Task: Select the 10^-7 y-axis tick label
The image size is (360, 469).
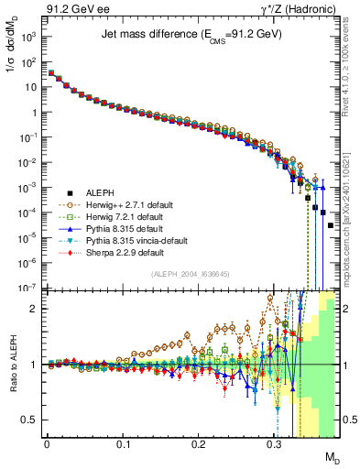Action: [x=27, y=288]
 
